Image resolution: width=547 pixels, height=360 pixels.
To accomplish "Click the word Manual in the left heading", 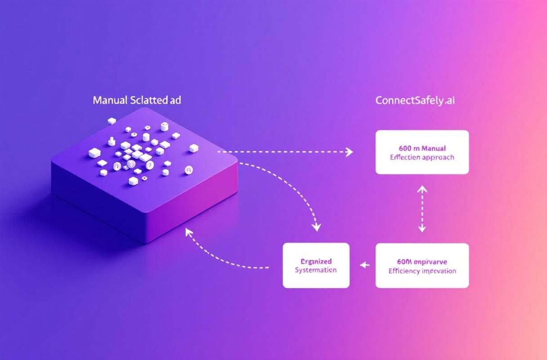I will (x=109, y=100).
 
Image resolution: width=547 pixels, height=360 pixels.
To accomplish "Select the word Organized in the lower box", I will (x=316, y=261).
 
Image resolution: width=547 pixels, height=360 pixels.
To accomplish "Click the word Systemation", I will (x=316, y=270).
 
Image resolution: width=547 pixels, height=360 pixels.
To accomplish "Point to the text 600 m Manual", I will (x=422, y=148).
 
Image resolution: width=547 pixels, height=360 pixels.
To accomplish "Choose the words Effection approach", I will (x=422, y=157).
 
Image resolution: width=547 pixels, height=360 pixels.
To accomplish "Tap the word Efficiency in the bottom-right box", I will (x=403, y=271).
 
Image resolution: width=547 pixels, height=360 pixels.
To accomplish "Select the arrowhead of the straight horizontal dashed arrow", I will (x=349, y=152).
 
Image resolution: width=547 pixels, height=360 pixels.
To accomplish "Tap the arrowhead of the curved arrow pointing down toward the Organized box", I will (x=317, y=227).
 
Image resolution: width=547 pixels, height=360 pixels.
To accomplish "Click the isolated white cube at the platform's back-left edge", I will (x=112, y=121).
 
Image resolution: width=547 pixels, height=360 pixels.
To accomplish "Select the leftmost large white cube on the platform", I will (x=94, y=153).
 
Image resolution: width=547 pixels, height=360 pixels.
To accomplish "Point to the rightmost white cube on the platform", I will (x=194, y=148).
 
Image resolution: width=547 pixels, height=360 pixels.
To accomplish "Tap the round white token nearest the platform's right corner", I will (x=188, y=170).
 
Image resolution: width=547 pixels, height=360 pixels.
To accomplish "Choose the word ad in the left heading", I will (x=175, y=100).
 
